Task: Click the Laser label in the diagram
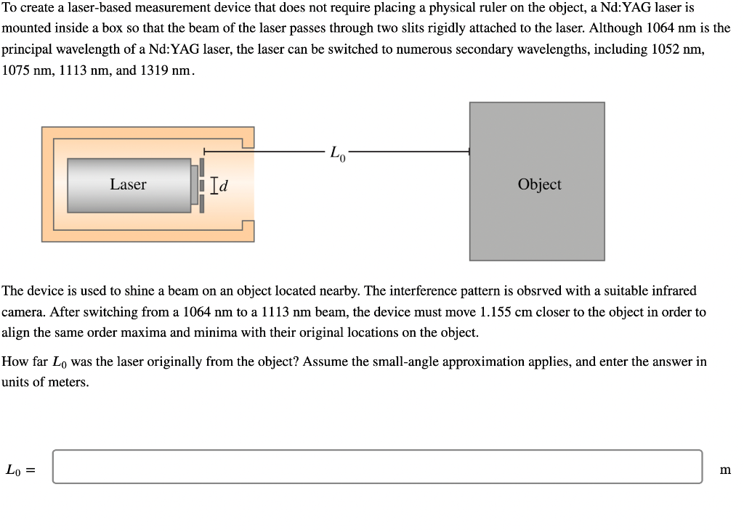128,184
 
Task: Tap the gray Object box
537,181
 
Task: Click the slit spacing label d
223,187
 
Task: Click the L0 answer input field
377,467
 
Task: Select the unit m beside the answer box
724,470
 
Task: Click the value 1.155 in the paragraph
497,312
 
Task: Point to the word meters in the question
68,382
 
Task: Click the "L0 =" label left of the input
20,470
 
